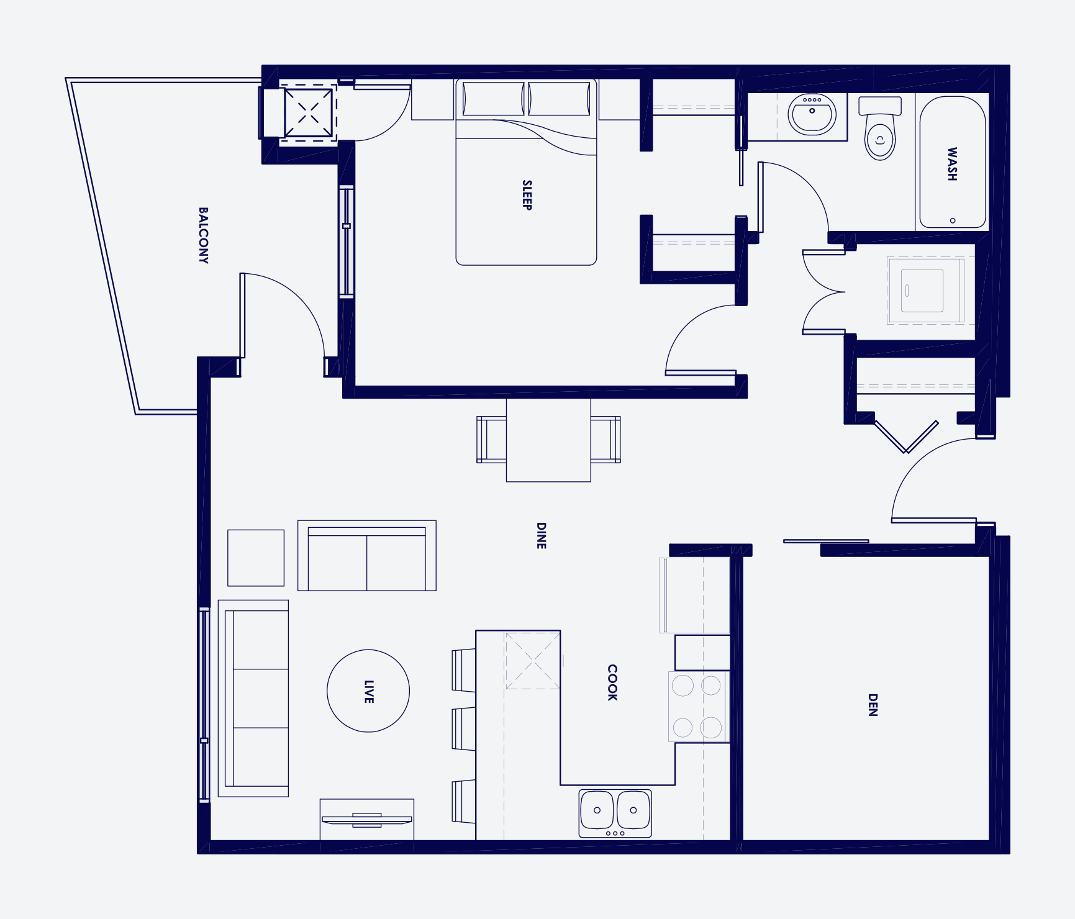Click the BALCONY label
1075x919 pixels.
pos(203,235)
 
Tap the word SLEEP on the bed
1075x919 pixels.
pos(527,195)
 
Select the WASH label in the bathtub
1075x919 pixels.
pos(952,164)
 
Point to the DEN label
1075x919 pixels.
pos(873,705)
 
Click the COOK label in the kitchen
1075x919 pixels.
pos(612,682)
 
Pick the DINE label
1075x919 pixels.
pos(541,535)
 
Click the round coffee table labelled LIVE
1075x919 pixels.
pos(368,691)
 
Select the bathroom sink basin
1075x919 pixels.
pos(812,114)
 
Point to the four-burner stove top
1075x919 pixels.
pos(697,707)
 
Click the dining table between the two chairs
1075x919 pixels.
pos(548,440)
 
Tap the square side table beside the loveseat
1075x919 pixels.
pos(256,558)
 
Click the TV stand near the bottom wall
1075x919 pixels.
pos(367,820)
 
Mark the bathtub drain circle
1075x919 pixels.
pos(953,220)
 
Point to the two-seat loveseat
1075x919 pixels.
pos(367,556)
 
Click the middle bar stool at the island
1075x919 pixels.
pos(464,729)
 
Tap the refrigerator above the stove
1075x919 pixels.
pos(696,595)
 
